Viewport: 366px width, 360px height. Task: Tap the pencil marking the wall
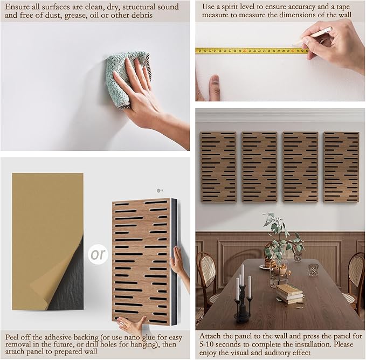(x=313, y=36)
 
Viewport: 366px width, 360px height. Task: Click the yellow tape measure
(x=252, y=51)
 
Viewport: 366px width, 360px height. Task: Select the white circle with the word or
(x=98, y=254)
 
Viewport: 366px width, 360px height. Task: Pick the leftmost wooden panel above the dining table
(x=218, y=167)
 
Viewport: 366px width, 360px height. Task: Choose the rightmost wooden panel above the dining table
(x=341, y=167)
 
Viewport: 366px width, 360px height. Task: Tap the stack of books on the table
(x=289, y=294)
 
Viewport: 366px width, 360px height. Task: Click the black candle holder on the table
(x=243, y=303)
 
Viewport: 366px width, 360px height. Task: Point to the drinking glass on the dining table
(x=313, y=269)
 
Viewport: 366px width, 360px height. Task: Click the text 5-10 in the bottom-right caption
(x=206, y=344)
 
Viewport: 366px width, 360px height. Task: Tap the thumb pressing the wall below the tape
(x=215, y=87)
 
